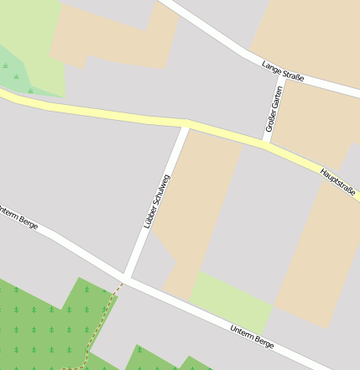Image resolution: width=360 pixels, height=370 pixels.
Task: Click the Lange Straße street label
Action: tap(282, 70)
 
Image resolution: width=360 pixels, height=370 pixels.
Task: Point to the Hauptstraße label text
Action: tap(338, 183)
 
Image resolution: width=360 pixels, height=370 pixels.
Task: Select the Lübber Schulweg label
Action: tap(156, 201)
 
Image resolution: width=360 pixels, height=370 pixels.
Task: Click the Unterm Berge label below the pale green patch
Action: tap(252, 336)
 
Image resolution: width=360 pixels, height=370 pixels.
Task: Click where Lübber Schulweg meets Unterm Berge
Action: tap(126, 277)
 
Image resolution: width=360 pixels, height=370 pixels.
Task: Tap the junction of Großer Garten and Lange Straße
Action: tap(280, 76)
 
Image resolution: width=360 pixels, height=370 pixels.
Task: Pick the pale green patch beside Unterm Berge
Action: tap(231, 298)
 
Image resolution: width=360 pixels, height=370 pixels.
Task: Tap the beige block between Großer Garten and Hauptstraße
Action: tap(310, 122)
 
